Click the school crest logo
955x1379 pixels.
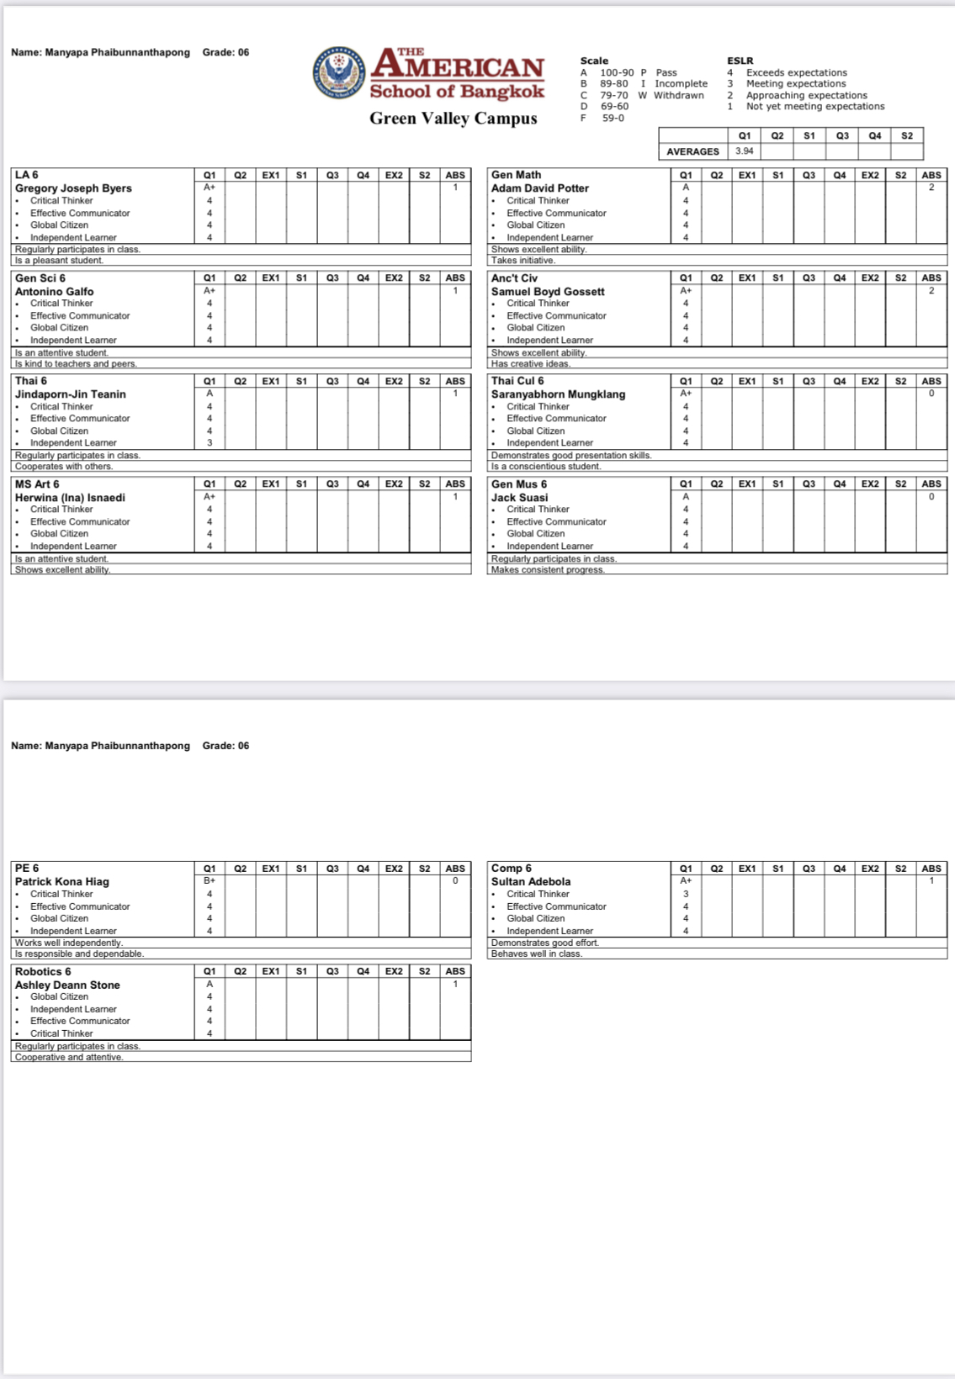pyautogui.click(x=338, y=72)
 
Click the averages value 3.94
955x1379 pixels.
pyautogui.click(x=745, y=151)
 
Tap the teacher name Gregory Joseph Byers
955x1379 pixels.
pyautogui.click(x=73, y=188)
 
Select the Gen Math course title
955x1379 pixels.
pyautogui.click(x=516, y=175)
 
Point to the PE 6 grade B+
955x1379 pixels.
pyautogui.click(x=210, y=880)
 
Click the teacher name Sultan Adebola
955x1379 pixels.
pyautogui.click(x=531, y=881)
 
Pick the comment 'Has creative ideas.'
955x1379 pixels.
pyautogui.click(x=531, y=364)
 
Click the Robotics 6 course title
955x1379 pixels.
pyautogui.click(x=43, y=971)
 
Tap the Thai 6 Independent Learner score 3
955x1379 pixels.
pyautogui.click(x=210, y=442)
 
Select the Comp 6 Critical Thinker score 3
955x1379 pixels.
pyautogui.click(x=686, y=894)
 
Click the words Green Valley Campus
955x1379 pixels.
pyautogui.click(x=453, y=119)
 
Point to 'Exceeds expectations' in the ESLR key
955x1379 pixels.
pyautogui.click(x=796, y=72)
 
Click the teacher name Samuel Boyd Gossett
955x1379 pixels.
pyautogui.click(x=548, y=291)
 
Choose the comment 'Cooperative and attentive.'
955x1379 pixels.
pyautogui.click(x=69, y=1057)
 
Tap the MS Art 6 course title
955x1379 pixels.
pyautogui.click(x=37, y=484)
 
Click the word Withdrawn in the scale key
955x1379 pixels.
pyautogui.click(x=678, y=95)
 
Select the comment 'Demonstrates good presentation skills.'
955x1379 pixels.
pyautogui.click(x=571, y=455)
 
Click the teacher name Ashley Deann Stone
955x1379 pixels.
pyautogui.click(x=67, y=985)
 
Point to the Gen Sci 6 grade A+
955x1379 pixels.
pyautogui.click(x=210, y=290)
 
